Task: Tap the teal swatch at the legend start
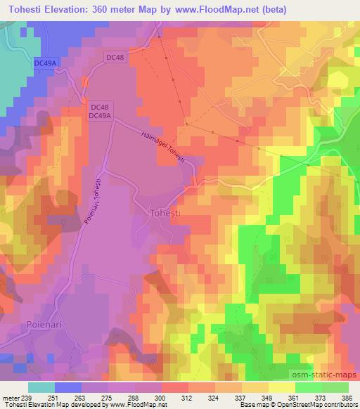click(x=41, y=387)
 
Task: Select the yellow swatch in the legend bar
click(x=281, y=387)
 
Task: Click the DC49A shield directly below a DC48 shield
click(x=99, y=115)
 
